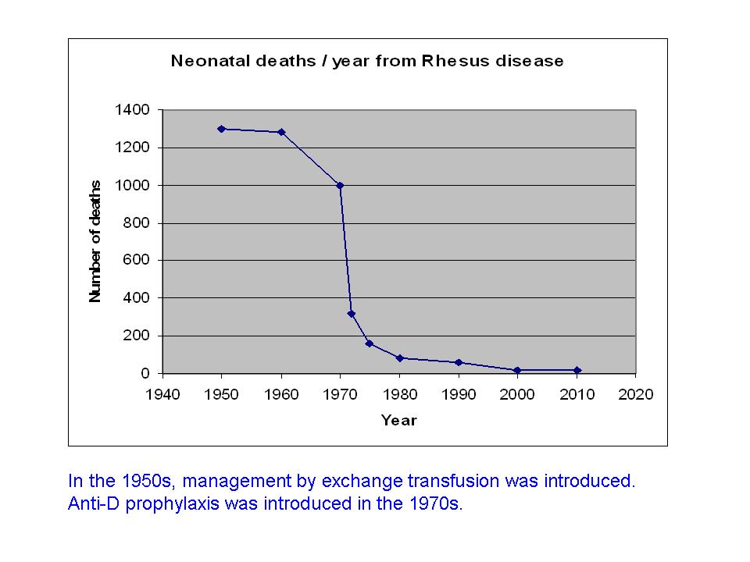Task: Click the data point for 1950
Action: [x=222, y=129]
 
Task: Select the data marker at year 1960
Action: [x=281, y=132]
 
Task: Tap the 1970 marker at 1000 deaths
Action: [x=340, y=185]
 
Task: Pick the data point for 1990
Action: [x=459, y=362]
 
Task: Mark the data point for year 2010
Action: [x=577, y=370]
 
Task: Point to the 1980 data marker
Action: [x=399, y=358]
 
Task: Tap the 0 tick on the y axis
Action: [x=145, y=373]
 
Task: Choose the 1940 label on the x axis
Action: [x=162, y=394]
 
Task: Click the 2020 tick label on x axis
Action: [x=636, y=394]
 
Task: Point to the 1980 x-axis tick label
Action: [x=399, y=394]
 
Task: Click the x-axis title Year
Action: [x=399, y=421]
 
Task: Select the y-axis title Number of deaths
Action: [x=95, y=241]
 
